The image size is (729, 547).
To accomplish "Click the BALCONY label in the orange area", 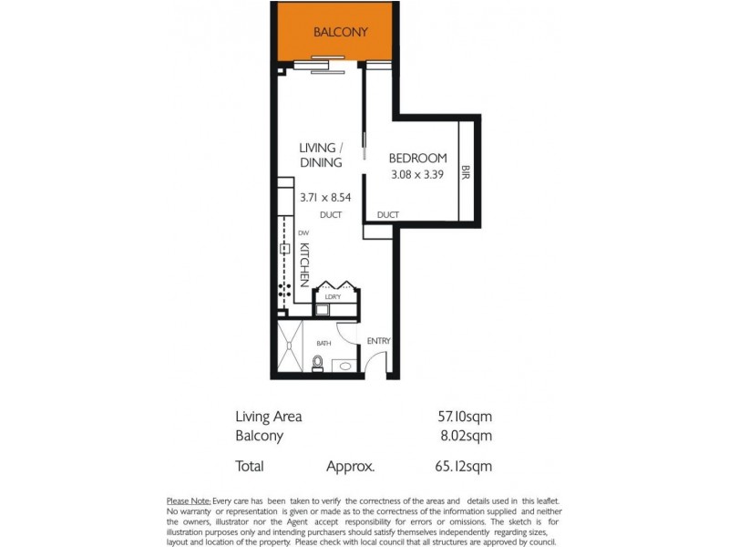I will click(x=340, y=32).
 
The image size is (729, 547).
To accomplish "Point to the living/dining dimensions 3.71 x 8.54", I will click(x=325, y=196).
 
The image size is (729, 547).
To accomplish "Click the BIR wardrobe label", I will click(x=465, y=170).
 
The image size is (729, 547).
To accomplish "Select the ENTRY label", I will click(x=378, y=341).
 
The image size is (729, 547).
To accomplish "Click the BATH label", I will click(x=323, y=344).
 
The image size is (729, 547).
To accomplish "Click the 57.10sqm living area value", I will click(x=465, y=417).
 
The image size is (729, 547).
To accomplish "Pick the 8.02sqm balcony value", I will click(x=466, y=436).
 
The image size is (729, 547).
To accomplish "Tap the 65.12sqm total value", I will click(x=465, y=467).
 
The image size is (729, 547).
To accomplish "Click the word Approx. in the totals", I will click(x=350, y=467).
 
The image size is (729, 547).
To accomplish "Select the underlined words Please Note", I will click(x=189, y=501).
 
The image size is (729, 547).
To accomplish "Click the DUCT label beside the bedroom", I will click(x=387, y=215).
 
